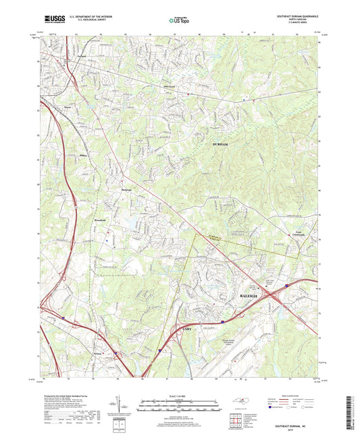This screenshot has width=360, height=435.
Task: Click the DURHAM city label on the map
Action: pyautogui.click(x=220, y=145)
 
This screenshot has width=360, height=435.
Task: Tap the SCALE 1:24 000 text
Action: pyautogui.click(x=180, y=395)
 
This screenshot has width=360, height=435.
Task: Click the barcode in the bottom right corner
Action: pyautogui.click(x=350, y=413)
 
